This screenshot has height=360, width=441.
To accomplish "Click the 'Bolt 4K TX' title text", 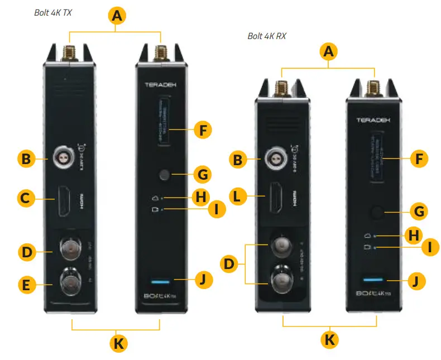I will click(x=54, y=12).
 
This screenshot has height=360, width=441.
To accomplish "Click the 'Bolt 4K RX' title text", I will click(x=267, y=36).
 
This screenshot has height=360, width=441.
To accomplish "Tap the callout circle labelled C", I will click(x=25, y=197).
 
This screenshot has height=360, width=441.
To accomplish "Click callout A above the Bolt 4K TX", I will click(x=117, y=16).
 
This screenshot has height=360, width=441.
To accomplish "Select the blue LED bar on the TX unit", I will click(x=161, y=281).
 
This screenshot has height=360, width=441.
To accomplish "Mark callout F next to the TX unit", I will click(x=203, y=131).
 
